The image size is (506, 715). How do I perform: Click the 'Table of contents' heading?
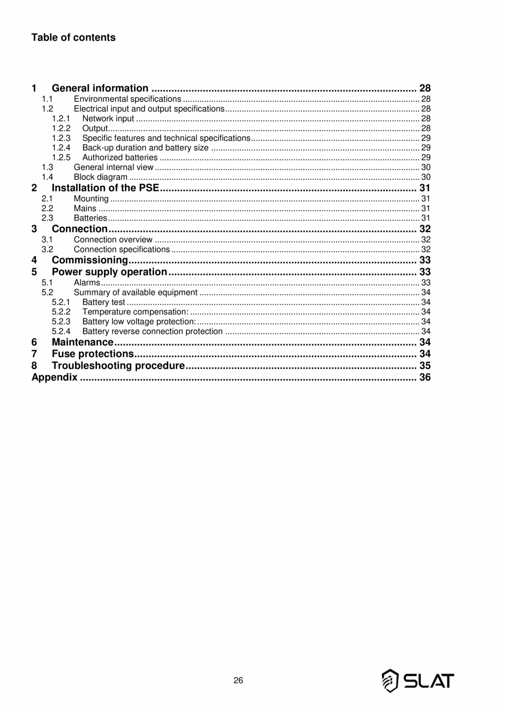tap(73, 37)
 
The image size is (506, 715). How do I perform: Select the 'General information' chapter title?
tap(100, 89)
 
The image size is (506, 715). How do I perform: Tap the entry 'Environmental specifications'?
tap(127, 99)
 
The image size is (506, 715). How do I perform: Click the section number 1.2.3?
tap(61, 137)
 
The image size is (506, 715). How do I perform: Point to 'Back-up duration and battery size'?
tap(145, 147)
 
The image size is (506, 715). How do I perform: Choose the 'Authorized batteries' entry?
tap(119, 157)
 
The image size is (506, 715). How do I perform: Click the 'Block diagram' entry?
tap(100, 177)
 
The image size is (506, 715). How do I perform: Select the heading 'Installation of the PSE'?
tap(105, 188)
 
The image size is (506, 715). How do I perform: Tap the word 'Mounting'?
tap(91, 199)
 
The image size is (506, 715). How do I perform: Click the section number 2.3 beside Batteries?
tap(47, 218)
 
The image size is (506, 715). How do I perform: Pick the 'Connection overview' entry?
tap(113, 239)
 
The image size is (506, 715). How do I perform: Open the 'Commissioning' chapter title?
tap(90, 260)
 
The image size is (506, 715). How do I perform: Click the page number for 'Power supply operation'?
tap(425, 272)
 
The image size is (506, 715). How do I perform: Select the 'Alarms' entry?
tap(86, 283)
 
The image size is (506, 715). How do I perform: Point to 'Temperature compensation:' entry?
tap(135, 312)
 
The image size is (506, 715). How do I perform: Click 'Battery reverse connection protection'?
tap(152, 331)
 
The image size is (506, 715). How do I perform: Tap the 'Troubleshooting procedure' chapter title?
tap(118, 366)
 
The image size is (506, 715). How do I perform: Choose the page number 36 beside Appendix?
tap(425, 378)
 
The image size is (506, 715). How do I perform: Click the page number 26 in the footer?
tap(238, 680)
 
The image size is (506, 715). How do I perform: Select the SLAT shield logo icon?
tap(390, 680)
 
